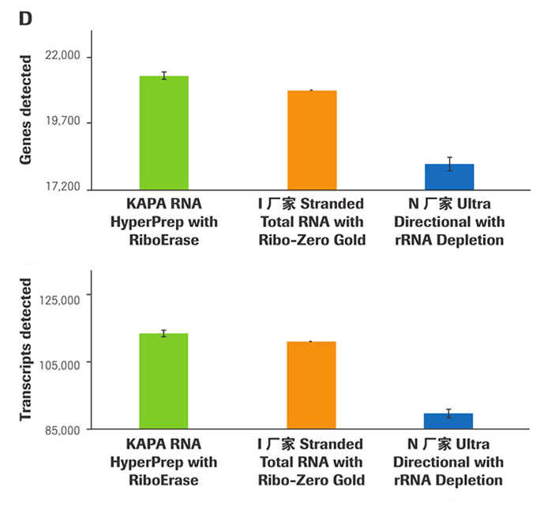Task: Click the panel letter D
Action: (24, 18)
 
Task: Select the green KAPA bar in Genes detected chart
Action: (163, 133)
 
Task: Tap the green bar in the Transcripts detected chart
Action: (163, 381)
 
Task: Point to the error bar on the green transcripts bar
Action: (163, 333)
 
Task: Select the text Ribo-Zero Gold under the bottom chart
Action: (312, 480)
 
